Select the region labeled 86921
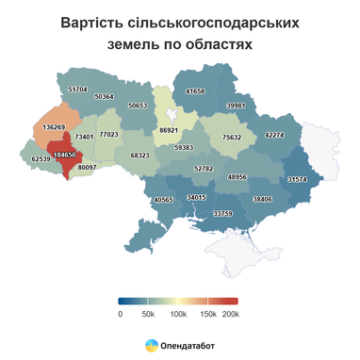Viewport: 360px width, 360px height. (x=170, y=128)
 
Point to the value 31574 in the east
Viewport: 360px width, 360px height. (x=298, y=178)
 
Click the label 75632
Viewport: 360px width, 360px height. (x=232, y=137)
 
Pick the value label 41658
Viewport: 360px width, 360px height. (x=195, y=91)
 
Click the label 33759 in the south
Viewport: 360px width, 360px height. (x=222, y=214)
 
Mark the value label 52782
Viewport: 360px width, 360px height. (x=204, y=168)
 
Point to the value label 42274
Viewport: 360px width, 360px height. (x=274, y=135)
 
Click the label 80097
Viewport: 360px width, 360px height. (x=88, y=167)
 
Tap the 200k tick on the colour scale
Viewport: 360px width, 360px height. (x=232, y=313)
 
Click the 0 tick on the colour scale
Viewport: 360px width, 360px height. (x=120, y=313)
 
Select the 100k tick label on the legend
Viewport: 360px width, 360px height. (x=176, y=313)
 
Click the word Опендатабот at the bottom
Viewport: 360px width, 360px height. (x=188, y=345)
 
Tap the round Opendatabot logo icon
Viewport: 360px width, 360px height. (x=151, y=345)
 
